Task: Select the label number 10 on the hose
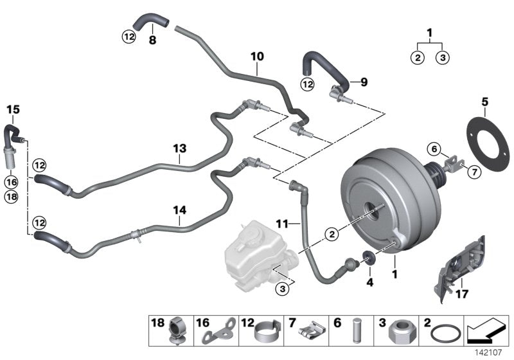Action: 257,57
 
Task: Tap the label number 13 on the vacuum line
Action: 179,148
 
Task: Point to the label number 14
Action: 179,209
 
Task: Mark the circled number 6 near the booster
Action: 434,150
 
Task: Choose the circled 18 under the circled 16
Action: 12,197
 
